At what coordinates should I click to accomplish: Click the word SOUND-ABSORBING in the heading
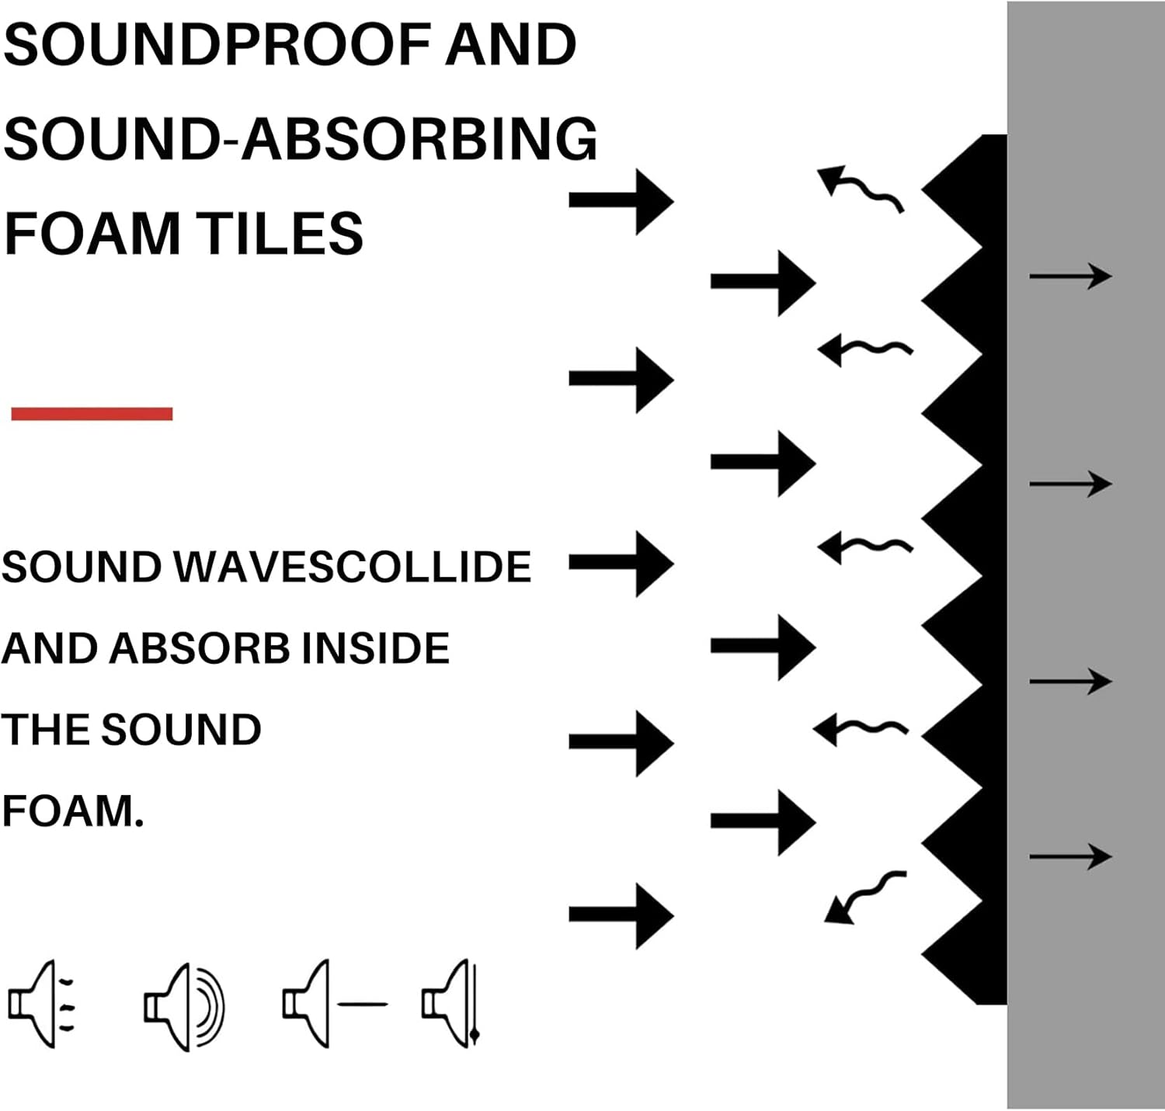point(301,138)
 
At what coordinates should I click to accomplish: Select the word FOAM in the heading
point(92,233)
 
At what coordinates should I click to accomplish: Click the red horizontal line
point(92,414)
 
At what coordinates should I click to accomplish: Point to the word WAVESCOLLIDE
point(353,567)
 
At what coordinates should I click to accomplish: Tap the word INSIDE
point(376,648)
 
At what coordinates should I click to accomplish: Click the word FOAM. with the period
point(74,811)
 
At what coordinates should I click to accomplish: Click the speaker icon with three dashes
point(42,1005)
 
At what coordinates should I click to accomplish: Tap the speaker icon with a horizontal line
point(335,1005)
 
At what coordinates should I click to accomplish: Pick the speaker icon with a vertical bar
point(450,1005)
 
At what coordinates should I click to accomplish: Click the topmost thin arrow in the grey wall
point(1070,276)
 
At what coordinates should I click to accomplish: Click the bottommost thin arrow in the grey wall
point(1070,856)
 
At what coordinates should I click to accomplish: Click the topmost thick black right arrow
point(621,201)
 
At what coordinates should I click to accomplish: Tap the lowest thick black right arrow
point(621,915)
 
